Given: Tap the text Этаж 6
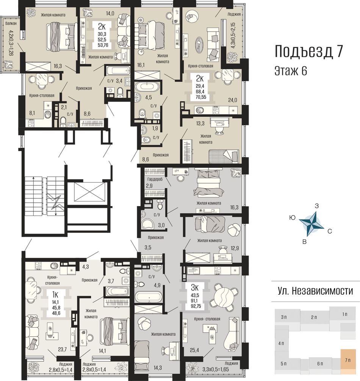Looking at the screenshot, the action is coord(291,71).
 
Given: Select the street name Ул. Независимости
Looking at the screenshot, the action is coord(315,291).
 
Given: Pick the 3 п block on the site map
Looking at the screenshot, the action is coord(284,317).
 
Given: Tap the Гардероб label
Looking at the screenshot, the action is coord(155,179).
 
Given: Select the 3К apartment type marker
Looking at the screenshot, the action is coord(194,288).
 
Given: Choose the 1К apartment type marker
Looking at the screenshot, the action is coord(55,295).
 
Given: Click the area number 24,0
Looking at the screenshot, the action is coord(232,100).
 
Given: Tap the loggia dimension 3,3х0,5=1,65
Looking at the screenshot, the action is coord(216,370).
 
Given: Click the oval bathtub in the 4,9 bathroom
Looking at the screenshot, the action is coord(148,297).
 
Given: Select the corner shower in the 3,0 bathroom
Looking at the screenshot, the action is coord(147,223).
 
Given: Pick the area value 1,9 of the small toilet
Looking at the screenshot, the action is coord(155,128).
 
